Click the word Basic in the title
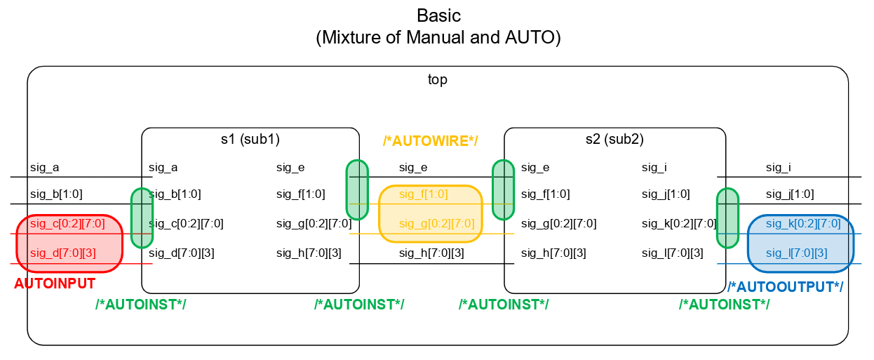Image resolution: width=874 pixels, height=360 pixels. coord(438,15)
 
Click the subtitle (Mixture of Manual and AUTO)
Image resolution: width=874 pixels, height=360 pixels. coord(438,37)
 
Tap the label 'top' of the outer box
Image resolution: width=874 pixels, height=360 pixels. coord(438,79)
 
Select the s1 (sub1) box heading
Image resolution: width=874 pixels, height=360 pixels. coord(250,139)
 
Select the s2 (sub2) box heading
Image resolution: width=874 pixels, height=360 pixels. coord(614,139)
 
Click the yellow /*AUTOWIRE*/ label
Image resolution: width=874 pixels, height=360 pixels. coord(430,141)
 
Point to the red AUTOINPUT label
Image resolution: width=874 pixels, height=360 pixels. coord(55,284)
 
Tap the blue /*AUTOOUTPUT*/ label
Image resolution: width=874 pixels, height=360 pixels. coord(785,287)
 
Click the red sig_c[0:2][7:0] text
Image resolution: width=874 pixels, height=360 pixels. coord(67,224)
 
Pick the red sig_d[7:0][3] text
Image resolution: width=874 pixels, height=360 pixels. coord(63,253)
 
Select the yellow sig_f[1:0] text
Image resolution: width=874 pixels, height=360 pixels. coord(423,194)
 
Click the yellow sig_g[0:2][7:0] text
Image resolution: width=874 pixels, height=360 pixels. coord(436,224)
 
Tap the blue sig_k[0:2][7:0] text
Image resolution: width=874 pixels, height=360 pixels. coord(802,224)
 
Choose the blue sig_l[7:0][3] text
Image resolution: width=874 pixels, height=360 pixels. coord(796,253)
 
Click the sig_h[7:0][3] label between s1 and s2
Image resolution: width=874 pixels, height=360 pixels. coord(431,253)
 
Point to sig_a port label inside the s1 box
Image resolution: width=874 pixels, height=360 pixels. coord(163,167)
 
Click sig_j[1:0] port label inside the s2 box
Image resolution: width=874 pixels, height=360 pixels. coord(666,194)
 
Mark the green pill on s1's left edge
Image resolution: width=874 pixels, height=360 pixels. coord(142,218)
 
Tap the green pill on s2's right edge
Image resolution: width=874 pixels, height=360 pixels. coord(727,218)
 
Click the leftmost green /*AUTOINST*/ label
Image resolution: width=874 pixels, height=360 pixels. coord(140,304)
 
